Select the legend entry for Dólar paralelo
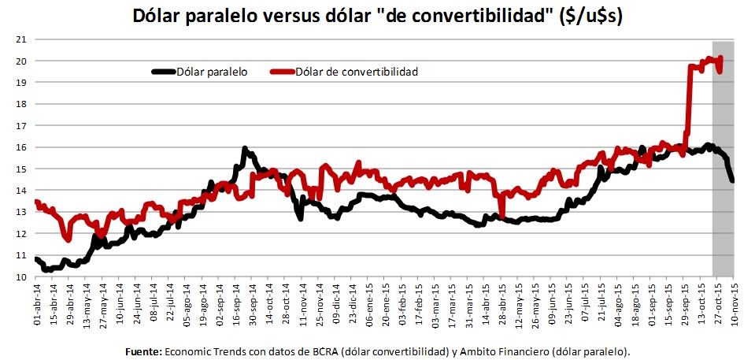point(199,72)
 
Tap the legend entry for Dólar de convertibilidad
point(344,72)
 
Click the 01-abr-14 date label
point(36,302)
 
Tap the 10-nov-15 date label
point(734,302)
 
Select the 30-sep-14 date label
point(252,302)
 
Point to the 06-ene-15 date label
point(368,302)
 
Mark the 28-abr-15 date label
point(501,302)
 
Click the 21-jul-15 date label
point(601,302)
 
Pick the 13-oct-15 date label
point(701,302)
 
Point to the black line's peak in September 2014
point(245,148)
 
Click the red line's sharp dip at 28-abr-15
point(502,217)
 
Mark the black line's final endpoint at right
point(733,180)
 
